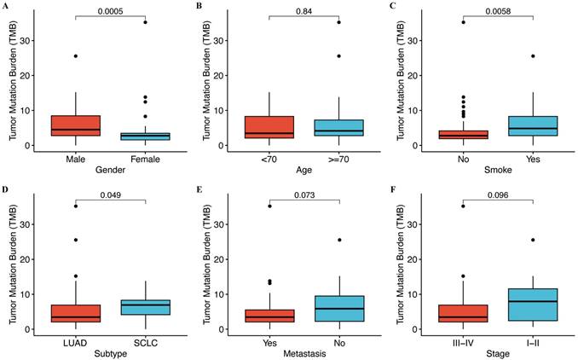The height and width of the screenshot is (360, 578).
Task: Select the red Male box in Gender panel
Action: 75,125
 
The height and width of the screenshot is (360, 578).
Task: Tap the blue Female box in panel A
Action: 146,136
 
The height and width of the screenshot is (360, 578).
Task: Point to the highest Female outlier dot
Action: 146,22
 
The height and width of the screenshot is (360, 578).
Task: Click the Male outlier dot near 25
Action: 75,56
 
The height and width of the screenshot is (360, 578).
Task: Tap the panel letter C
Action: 390,7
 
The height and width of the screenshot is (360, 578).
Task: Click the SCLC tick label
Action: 146,341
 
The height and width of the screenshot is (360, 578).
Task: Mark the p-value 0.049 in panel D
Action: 111,193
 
